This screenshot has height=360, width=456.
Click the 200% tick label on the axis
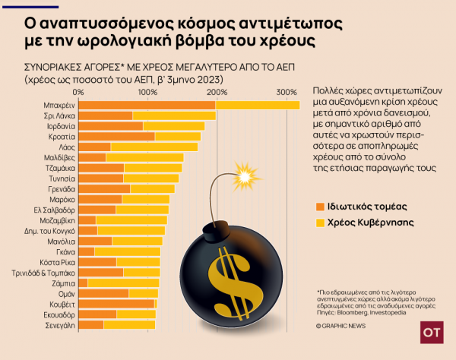click(217, 92)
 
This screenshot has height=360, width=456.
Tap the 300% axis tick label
click(287, 92)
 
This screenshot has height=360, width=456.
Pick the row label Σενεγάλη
click(59, 324)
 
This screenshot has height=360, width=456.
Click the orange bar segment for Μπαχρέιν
click(147, 105)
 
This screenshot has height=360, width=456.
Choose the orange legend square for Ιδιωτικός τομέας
click(321, 206)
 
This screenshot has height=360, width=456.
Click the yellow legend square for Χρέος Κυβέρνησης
click(321, 223)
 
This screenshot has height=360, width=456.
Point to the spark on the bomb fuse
click(244, 176)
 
